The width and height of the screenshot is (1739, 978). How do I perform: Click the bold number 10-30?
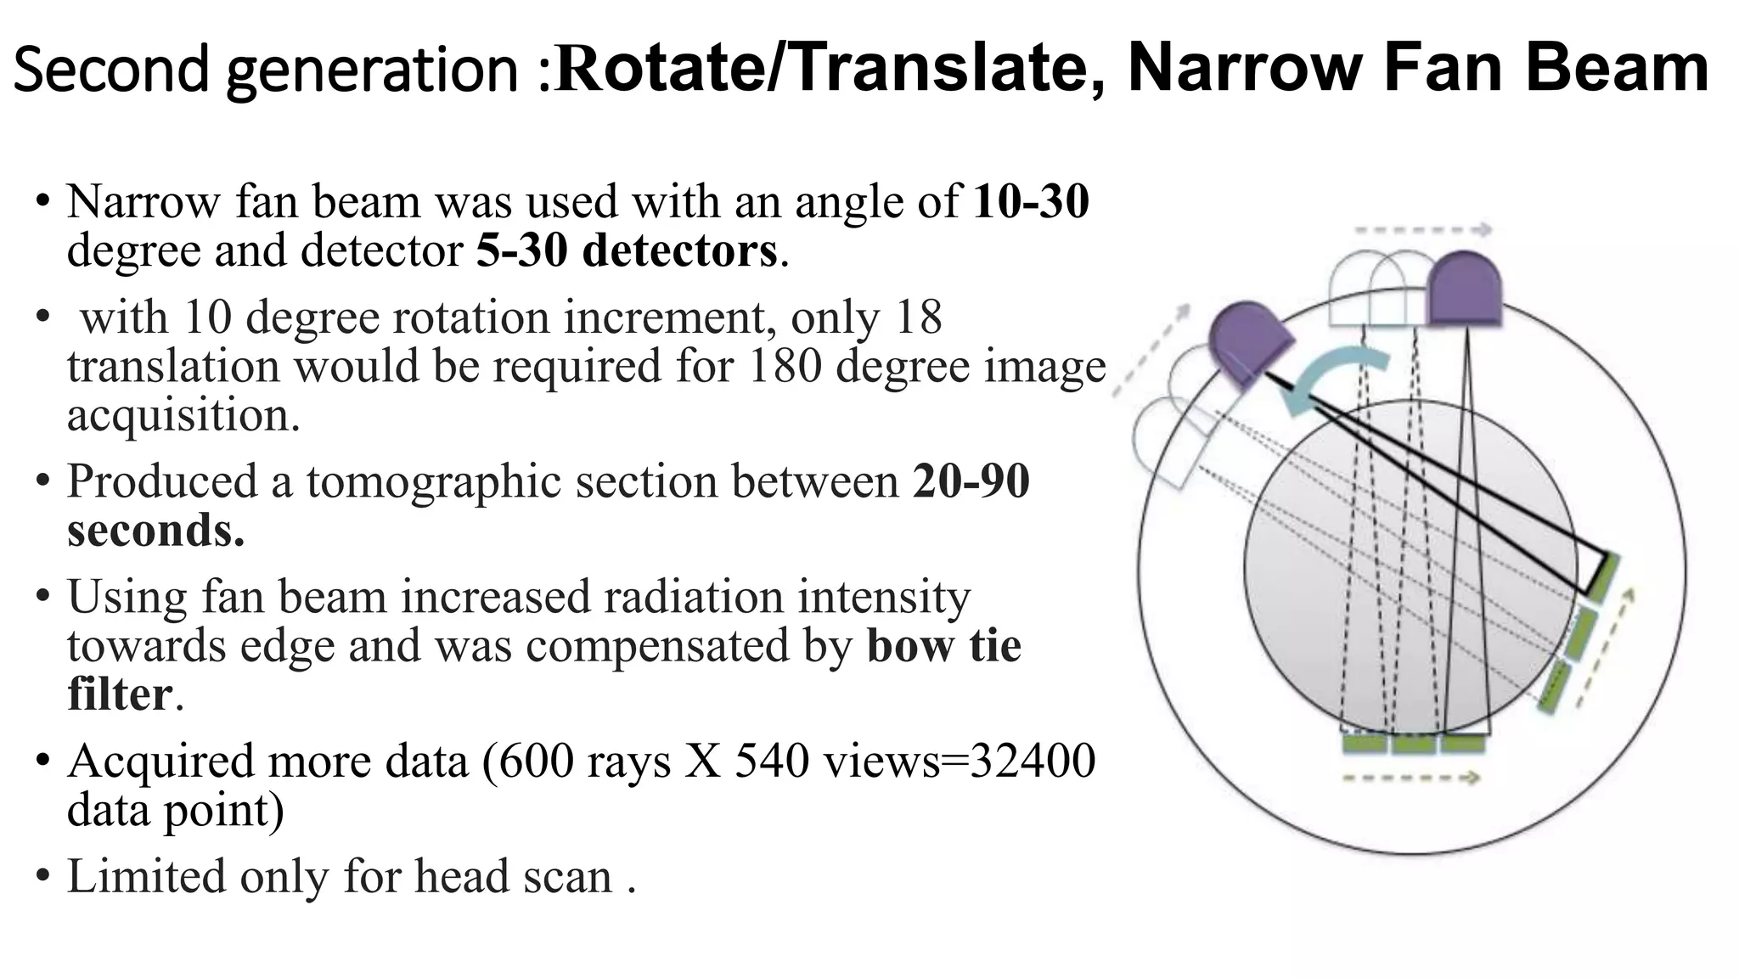tap(1031, 202)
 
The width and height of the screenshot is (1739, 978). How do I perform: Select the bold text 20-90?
tap(971, 481)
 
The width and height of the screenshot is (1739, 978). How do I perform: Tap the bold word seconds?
tap(155, 531)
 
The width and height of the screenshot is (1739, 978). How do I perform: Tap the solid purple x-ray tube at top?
tap(1465, 289)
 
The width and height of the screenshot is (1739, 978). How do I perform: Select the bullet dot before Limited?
tap(42, 876)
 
